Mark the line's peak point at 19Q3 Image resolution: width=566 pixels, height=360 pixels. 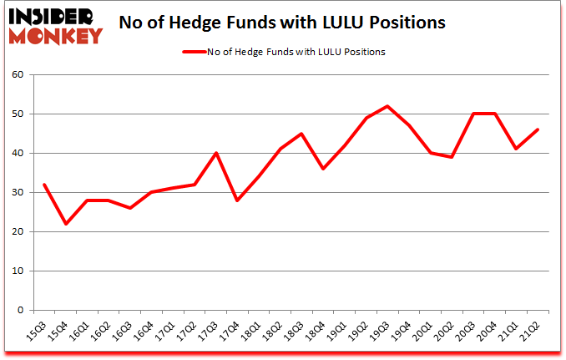387,106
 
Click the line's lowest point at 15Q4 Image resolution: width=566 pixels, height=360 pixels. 65,224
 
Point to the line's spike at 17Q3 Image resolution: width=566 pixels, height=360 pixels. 215,153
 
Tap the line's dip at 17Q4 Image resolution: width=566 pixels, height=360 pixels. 237,200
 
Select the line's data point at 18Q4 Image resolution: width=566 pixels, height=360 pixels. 323,169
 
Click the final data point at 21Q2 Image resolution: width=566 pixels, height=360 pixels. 538,129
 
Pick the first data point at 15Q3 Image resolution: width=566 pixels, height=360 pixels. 43,185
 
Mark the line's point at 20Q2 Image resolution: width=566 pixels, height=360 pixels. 452,157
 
